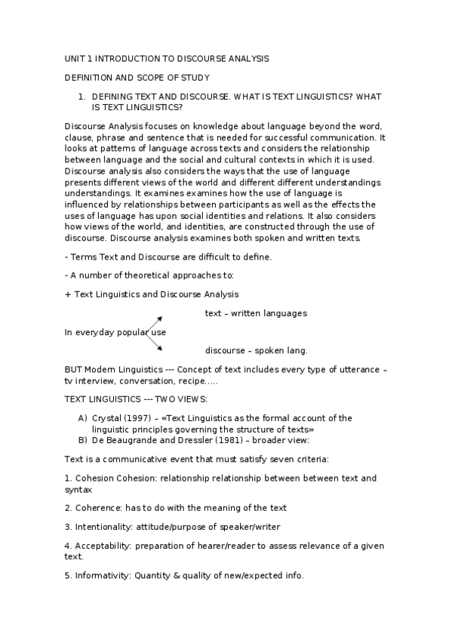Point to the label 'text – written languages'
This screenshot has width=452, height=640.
pyautogui.click(x=256, y=313)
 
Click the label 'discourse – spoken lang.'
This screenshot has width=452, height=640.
pyautogui.click(x=256, y=350)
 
